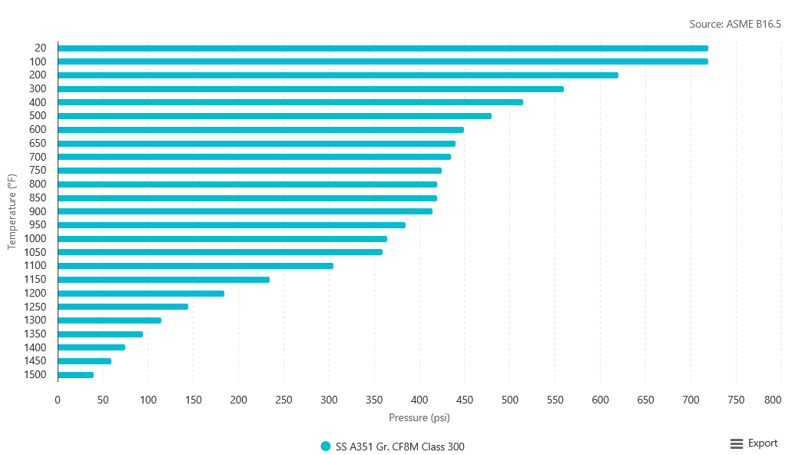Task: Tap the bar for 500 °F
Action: tap(274, 116)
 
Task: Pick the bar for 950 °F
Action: tap(231, 225)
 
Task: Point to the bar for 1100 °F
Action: tap(195, 266)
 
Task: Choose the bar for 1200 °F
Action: tap(141, 294)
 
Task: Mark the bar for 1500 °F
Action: tap(75, 375)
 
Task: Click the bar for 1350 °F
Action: tap(100, 334)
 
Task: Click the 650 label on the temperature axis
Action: tap(36, 144)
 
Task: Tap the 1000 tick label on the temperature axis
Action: tap(34, 239)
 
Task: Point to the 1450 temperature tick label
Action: tap(34, 361)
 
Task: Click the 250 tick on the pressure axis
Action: tap(283, 400)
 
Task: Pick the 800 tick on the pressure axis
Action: tap(772, 400)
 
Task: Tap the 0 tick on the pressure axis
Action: tap(58, 400)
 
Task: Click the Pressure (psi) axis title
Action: tap(419, 418)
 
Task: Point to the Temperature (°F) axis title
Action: tap(12, 211)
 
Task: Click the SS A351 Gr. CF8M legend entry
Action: tap(393, 447)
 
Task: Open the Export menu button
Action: tap(754, 443)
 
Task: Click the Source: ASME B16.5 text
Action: tap(734, 25)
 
